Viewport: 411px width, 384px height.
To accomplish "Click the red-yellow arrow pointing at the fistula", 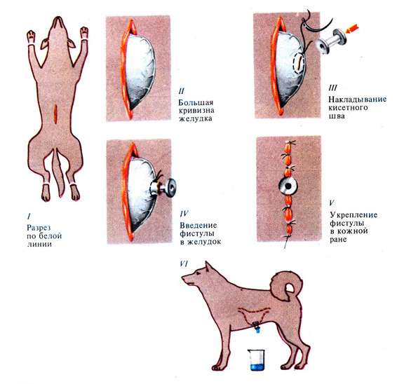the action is tap(352, 29).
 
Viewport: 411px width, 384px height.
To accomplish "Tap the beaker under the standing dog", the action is tap(257, 360).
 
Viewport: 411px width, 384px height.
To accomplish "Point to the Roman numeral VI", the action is tap(184, 263).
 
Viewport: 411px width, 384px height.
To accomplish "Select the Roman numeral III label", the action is tap(333, 88).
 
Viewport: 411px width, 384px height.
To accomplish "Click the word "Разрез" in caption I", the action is tap(39, 227).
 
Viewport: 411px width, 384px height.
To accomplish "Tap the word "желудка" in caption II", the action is tap(196, 118).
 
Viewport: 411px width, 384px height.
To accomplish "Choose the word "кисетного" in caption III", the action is tap(348, 108).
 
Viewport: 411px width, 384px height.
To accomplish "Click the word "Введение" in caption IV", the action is tap(198, 225).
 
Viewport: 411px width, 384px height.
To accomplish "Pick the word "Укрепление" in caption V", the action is tap(353, 215).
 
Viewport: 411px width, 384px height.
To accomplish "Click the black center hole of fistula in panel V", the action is tap(288, 186).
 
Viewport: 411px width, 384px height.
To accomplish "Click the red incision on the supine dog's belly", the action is tap(56, 114).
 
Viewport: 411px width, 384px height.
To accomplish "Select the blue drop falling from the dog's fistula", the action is tap(258, 331).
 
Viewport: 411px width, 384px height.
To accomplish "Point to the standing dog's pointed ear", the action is tap(208, 268).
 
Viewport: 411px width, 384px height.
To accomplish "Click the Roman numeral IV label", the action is tap(184, 214).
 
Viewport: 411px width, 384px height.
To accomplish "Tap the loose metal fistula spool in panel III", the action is tap(330, 41).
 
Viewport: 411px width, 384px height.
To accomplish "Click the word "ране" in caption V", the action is tap(338, 240).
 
